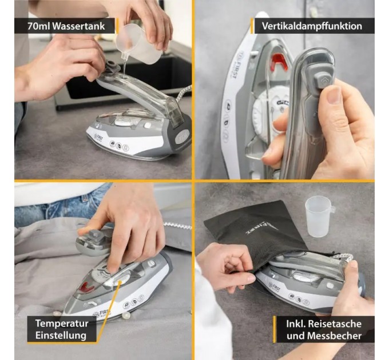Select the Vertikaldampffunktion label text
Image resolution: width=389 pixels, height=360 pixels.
312,26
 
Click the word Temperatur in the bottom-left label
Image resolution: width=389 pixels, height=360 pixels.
62,323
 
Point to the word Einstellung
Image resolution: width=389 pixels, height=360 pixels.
61,335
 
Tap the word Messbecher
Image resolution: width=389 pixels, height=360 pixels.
334,336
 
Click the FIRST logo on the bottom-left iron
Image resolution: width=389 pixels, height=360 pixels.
102,313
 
